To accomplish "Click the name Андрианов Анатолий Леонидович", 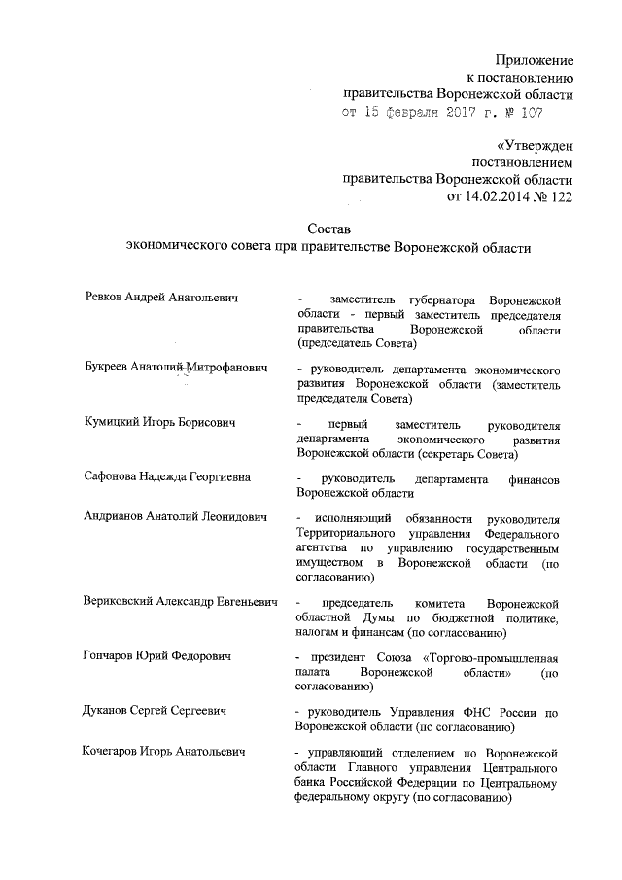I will [x=175, y=515].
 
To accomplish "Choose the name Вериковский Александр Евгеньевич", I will [x=182, y=603].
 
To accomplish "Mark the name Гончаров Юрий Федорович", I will [x=156, y=658].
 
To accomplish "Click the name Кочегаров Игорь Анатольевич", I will [x=163, y=751].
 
